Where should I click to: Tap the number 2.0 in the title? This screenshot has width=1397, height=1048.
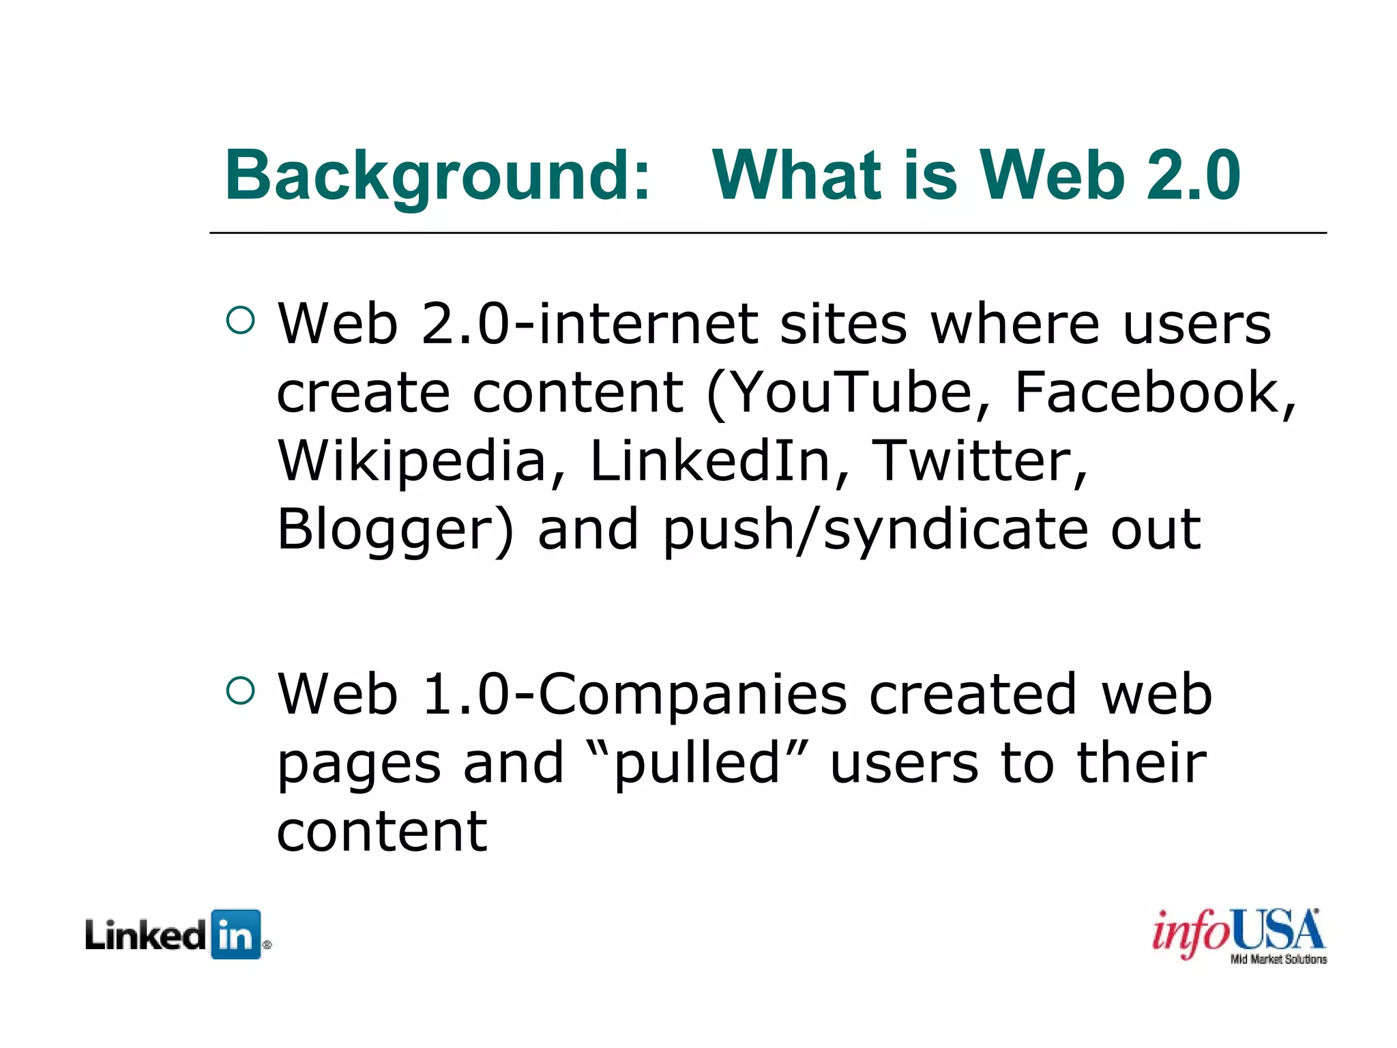(1194, 175)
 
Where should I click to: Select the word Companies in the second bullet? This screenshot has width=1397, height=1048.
(692, 695)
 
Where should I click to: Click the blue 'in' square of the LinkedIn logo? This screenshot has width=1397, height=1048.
(236, 934)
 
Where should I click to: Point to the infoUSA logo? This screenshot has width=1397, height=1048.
(1238, 931)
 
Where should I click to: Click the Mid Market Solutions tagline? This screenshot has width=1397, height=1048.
(1278, 959)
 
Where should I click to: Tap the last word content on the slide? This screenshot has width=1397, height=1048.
(382, 832)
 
